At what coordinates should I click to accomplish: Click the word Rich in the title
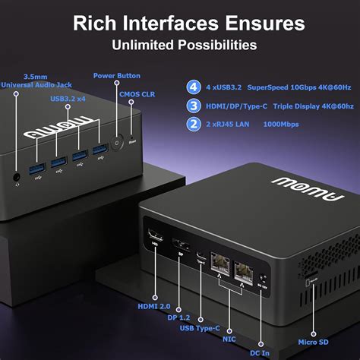tap(96, 22)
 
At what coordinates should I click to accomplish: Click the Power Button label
tap(116, 75)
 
